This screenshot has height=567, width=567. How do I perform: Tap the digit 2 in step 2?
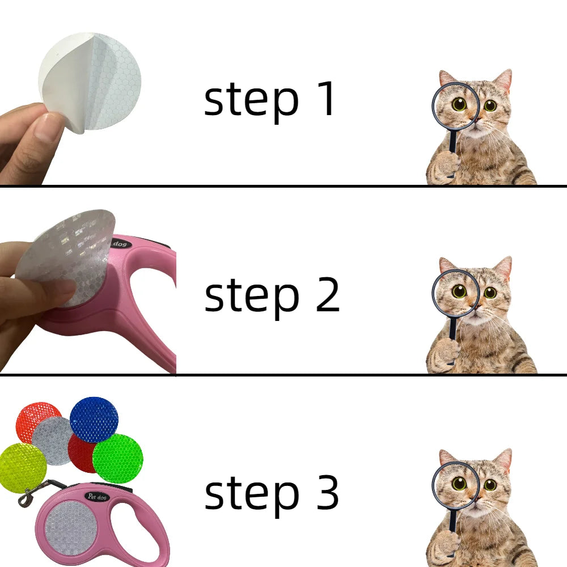pos(328,294)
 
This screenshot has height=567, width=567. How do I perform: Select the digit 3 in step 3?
pos(328,492)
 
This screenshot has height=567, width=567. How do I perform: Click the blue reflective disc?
pos(94,420)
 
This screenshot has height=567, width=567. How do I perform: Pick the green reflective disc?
pos(118,459)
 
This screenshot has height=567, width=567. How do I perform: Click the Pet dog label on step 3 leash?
pos(98,497)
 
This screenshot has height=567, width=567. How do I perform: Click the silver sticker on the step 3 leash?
pos(71,527)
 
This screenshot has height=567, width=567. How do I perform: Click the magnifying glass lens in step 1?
pos(455,105)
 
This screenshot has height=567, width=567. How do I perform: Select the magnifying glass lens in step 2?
pos(455,293)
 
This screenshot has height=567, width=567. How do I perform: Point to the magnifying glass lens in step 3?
pos(455,485)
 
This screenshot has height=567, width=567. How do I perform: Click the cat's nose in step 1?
pos(477,119)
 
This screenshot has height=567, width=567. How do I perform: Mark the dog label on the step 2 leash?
pos(120,243)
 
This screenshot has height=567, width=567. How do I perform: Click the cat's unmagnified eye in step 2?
pos(490,292)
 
